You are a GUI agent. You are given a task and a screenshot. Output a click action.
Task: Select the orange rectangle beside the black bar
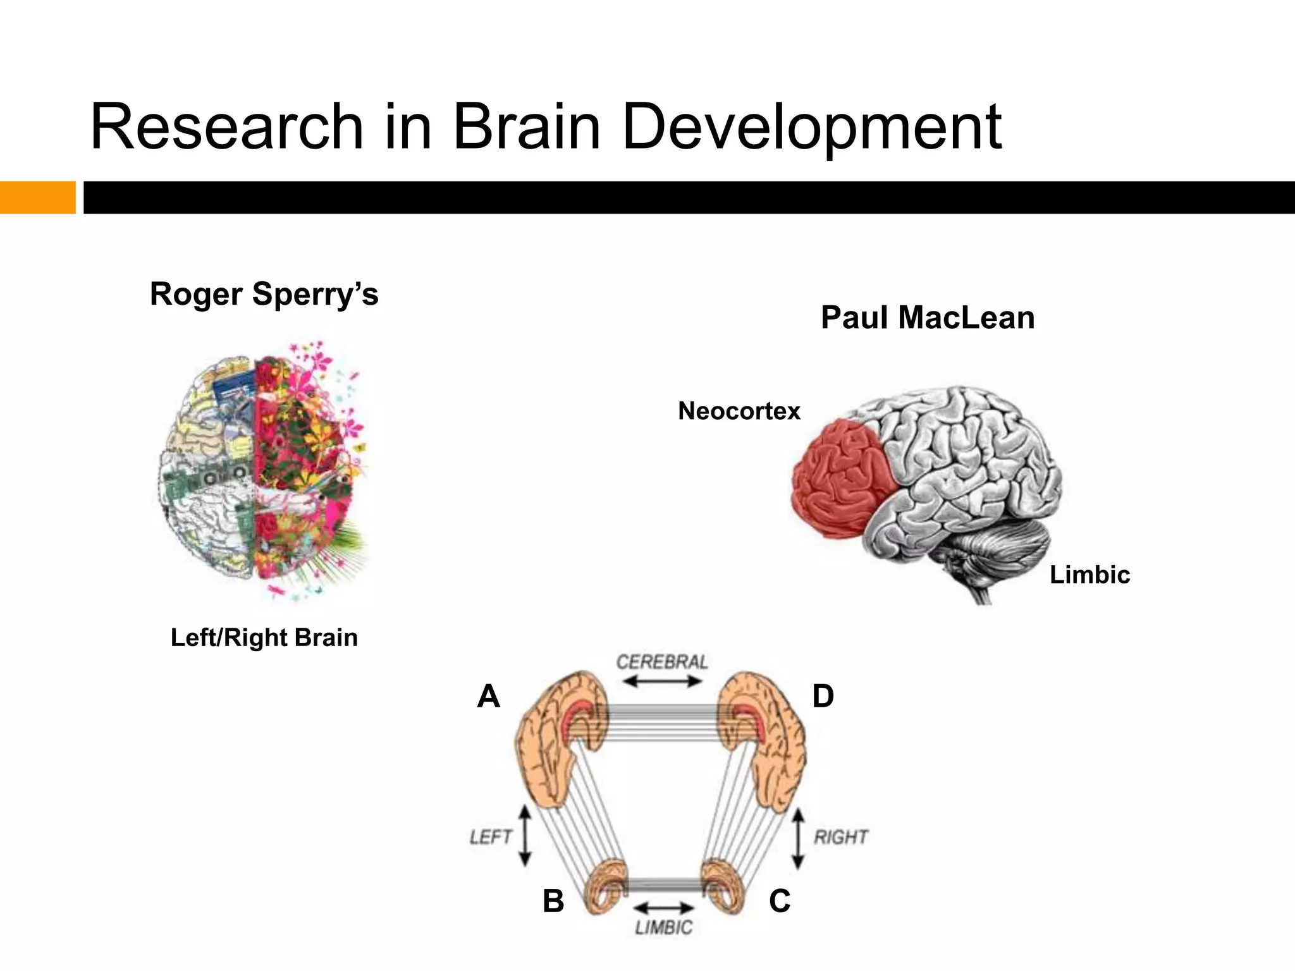37,197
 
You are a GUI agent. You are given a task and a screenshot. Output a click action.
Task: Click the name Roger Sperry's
264,294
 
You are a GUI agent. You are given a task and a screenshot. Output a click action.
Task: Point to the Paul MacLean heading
928,317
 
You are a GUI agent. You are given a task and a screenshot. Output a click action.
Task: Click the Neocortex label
739,411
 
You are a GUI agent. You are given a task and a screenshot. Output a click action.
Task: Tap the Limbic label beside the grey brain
1089,575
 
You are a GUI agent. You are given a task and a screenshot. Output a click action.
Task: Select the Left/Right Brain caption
264,638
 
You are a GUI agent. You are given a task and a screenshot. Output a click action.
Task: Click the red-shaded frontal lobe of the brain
841,477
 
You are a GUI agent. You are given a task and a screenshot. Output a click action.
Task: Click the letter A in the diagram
489,696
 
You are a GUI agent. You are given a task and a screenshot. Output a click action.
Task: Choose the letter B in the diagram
553,901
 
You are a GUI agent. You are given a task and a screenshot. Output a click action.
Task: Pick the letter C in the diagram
780,901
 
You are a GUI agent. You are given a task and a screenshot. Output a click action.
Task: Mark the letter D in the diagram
823,696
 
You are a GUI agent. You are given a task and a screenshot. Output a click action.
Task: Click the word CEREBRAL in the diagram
662,662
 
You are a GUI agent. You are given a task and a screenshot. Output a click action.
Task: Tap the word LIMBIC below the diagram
664,927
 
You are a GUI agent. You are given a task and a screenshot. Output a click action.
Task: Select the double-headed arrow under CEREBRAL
662,681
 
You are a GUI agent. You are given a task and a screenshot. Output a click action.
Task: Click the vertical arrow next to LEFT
525,836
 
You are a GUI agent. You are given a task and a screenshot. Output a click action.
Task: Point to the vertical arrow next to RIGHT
798,838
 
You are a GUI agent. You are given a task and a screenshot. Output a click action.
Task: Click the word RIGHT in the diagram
841,837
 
